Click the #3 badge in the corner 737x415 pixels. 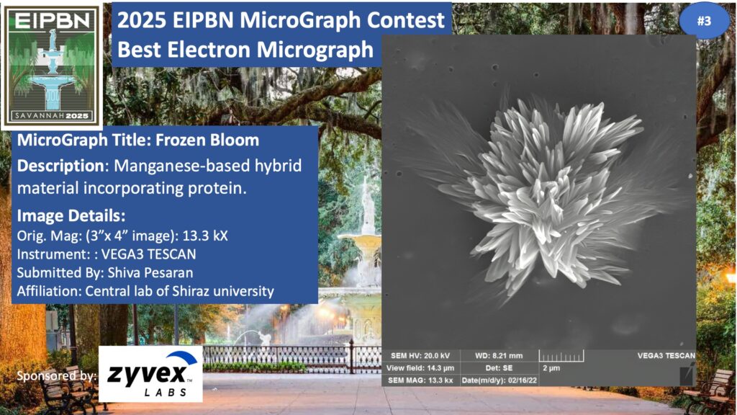pos(704,21)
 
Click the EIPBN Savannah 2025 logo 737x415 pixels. pos(52,66)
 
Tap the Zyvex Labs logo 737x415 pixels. pos(150,374)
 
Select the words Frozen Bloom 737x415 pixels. pos(207,140)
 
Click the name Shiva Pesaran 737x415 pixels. pos(150,272)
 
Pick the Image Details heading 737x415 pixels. pos(71,215)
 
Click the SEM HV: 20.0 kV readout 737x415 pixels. pos(420,356)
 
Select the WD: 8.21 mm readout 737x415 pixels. pos(499,356)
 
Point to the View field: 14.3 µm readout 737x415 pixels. pos(420,368)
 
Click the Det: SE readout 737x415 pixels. pos(499,368)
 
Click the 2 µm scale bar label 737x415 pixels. pos(551,368)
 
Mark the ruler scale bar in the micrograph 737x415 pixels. pos(561,356)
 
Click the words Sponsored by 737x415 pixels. pos(57,375)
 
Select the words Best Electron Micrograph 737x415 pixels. pos(245,50)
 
